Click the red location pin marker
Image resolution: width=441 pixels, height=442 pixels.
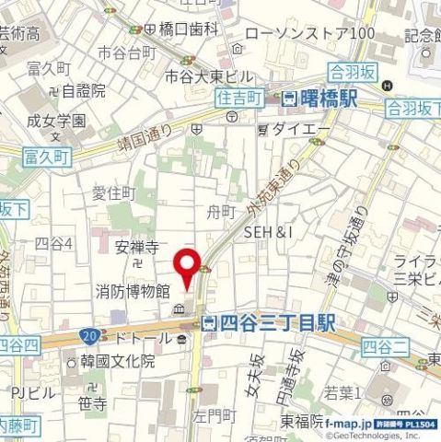click(190, 266)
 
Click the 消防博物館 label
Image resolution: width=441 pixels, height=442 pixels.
click(133, 291)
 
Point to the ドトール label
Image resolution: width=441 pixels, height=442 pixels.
click(141, 339)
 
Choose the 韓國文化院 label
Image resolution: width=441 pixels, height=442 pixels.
click(117, 360)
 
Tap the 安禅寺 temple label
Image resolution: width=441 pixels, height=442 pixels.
click(137, 248)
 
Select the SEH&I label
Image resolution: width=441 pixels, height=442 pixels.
click(267, 233)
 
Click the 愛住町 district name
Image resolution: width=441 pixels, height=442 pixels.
click(113, 192)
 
